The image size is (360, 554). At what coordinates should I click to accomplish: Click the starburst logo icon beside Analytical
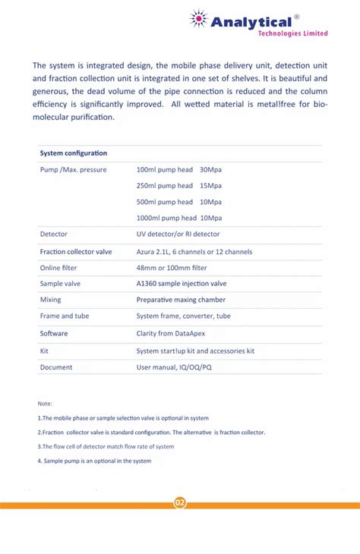click(199, 20)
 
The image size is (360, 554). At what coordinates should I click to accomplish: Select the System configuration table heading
click(74, 153)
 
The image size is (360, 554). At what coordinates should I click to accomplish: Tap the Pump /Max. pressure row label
click(73, 169)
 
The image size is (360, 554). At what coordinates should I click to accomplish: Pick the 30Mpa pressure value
click(210, 169)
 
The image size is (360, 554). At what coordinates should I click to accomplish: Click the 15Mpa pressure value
click(210, 186)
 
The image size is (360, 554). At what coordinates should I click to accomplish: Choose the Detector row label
click(54, 235)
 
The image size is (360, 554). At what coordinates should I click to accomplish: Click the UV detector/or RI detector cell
click(178, 235)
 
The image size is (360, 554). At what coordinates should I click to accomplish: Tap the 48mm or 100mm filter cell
click(172, 268)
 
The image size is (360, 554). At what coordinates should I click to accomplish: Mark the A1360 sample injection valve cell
click(182, 284)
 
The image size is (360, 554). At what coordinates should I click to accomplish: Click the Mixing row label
click(51, 301)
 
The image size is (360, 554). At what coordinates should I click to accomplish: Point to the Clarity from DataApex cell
click(171, 333)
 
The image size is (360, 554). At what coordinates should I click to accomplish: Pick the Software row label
click(54, 333)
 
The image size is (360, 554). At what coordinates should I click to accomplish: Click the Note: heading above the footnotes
click(45, 403)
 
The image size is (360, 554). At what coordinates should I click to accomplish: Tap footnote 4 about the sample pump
click(94, 461)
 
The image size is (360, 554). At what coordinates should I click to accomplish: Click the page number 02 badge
click(180, 503)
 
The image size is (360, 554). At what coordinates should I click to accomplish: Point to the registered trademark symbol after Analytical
click(296, 15)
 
